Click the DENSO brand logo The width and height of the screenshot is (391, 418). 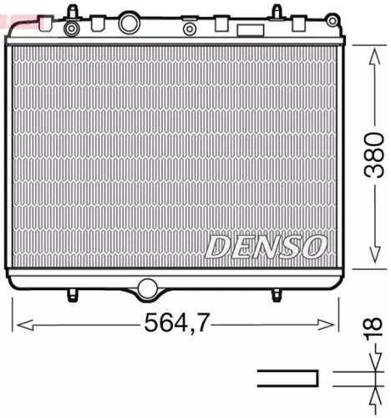[x=265, y=245]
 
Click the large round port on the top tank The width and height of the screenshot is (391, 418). [x=129, y=23]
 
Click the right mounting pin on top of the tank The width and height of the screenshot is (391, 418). [x=277, y=12]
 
